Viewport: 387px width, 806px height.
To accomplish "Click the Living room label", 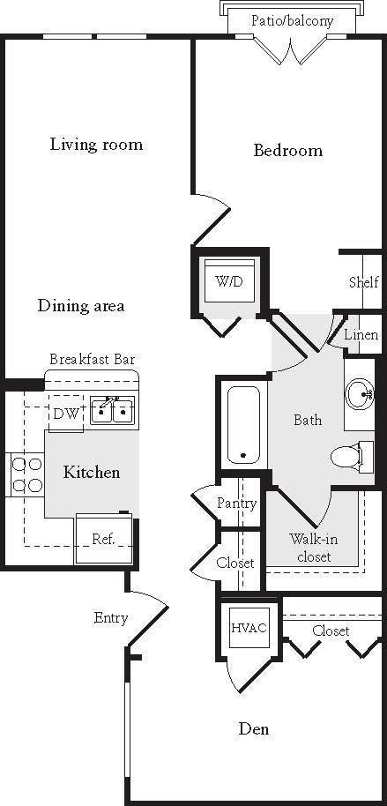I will coord(96,145).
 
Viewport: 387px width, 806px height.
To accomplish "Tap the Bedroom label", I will coord(287,151).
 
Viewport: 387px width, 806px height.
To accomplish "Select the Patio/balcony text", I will coord(292,20).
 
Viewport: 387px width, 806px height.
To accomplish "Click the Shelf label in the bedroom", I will coord(363,282).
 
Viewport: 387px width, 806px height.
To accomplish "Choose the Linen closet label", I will coord(361,335).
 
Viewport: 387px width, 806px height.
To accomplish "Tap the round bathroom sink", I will coord(361,393).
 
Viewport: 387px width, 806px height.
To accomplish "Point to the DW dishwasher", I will coord(65,413).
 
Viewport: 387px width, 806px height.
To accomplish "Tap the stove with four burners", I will coord(26,474).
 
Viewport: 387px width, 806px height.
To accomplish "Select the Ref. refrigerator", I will coord(103,538).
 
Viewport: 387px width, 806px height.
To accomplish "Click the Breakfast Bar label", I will coord(92,360).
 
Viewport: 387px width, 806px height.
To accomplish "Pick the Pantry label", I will coord(236,504).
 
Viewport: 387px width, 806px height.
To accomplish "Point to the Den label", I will coord(255,729).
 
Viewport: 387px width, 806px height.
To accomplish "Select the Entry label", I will coord(111,618).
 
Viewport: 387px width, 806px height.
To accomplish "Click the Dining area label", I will coord(81,306).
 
